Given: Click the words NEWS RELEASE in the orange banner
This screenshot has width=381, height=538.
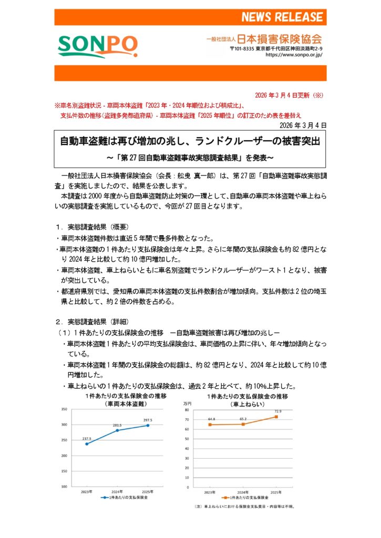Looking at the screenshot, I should click(x=282, y=17).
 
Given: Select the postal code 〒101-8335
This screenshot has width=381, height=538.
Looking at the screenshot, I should click(x=242, y=48).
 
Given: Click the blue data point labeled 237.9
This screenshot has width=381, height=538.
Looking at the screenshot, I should click(x=87, y=444).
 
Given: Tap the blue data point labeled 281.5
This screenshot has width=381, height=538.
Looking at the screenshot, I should click(x=117, y=430).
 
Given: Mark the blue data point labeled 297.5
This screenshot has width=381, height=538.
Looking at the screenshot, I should click(x=148, y=425).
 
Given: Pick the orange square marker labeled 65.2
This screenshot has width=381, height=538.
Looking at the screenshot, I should click(x=243, y=424).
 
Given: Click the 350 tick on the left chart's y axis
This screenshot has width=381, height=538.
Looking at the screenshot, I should click(x=65, y=409).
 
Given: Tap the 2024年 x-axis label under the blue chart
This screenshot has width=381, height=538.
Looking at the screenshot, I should click(x=117, y=491).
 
